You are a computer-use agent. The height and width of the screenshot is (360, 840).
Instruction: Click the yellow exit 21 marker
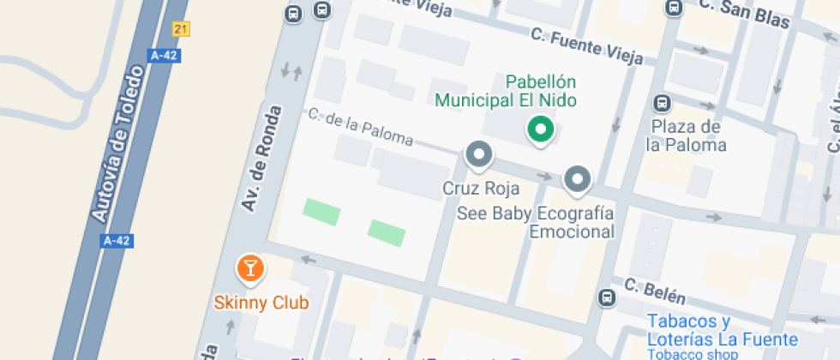point(180,29)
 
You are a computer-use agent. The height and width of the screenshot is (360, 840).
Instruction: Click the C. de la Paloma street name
point(360,127)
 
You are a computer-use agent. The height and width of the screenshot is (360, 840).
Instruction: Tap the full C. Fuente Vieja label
point(586,47)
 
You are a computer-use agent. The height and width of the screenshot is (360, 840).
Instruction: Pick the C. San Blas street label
point(743,15)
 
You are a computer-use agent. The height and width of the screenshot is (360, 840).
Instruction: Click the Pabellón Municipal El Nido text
point(506,91)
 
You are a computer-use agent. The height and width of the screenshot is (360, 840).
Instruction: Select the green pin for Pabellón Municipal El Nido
point(539,130)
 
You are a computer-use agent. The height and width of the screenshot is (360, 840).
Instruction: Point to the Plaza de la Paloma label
point(686,135)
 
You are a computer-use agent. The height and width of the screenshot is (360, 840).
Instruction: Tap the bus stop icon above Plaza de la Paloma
point(663,104)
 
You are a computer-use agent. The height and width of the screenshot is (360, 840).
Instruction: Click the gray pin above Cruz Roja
point(478,156)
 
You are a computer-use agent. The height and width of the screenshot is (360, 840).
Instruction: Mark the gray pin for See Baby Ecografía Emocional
point(578,179)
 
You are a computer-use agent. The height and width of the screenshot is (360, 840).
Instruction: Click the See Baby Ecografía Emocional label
point(537,222)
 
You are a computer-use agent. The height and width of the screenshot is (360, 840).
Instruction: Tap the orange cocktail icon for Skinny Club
point(249,268)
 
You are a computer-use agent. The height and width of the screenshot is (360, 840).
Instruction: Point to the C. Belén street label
point(655,291)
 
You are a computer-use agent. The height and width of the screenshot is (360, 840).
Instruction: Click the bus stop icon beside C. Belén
point(607,297)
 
